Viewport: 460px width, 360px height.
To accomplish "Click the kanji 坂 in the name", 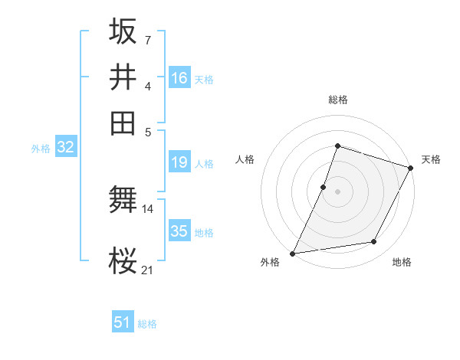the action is point(123,31).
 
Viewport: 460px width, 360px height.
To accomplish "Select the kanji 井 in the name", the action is point(123,77).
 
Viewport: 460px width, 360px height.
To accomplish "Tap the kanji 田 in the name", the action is point(123,122).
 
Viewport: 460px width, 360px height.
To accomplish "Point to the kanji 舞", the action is point(123,201).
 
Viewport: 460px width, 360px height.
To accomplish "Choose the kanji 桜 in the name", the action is point(123,261).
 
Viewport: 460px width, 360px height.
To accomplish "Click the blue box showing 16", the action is point(179,78).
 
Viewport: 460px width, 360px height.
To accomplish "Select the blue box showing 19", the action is point(179,162).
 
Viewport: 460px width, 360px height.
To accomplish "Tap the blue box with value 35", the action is point(179,231).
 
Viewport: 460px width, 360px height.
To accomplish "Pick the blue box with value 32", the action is point(65,148).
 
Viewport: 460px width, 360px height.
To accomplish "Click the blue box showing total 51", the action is point(123,323).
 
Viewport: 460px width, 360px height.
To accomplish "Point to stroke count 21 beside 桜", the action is point(148,269).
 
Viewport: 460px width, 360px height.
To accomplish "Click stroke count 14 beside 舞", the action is point(148,208).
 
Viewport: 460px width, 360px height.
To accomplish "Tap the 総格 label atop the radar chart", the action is point(337,100).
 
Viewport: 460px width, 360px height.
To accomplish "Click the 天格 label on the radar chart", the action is point(431,159).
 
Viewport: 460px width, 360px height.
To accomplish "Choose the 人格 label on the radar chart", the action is point(245,159).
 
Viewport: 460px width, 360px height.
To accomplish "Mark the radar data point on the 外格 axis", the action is point(292,254).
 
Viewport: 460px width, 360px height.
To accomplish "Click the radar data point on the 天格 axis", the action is point(411,168).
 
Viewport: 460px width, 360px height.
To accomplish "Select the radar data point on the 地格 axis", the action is point(374,242).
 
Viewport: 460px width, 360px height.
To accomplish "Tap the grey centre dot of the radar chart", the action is point(337,191).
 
